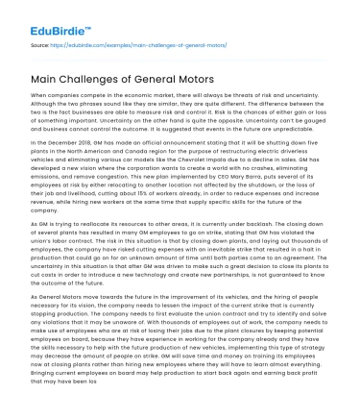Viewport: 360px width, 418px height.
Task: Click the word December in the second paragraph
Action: coord(64,139)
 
